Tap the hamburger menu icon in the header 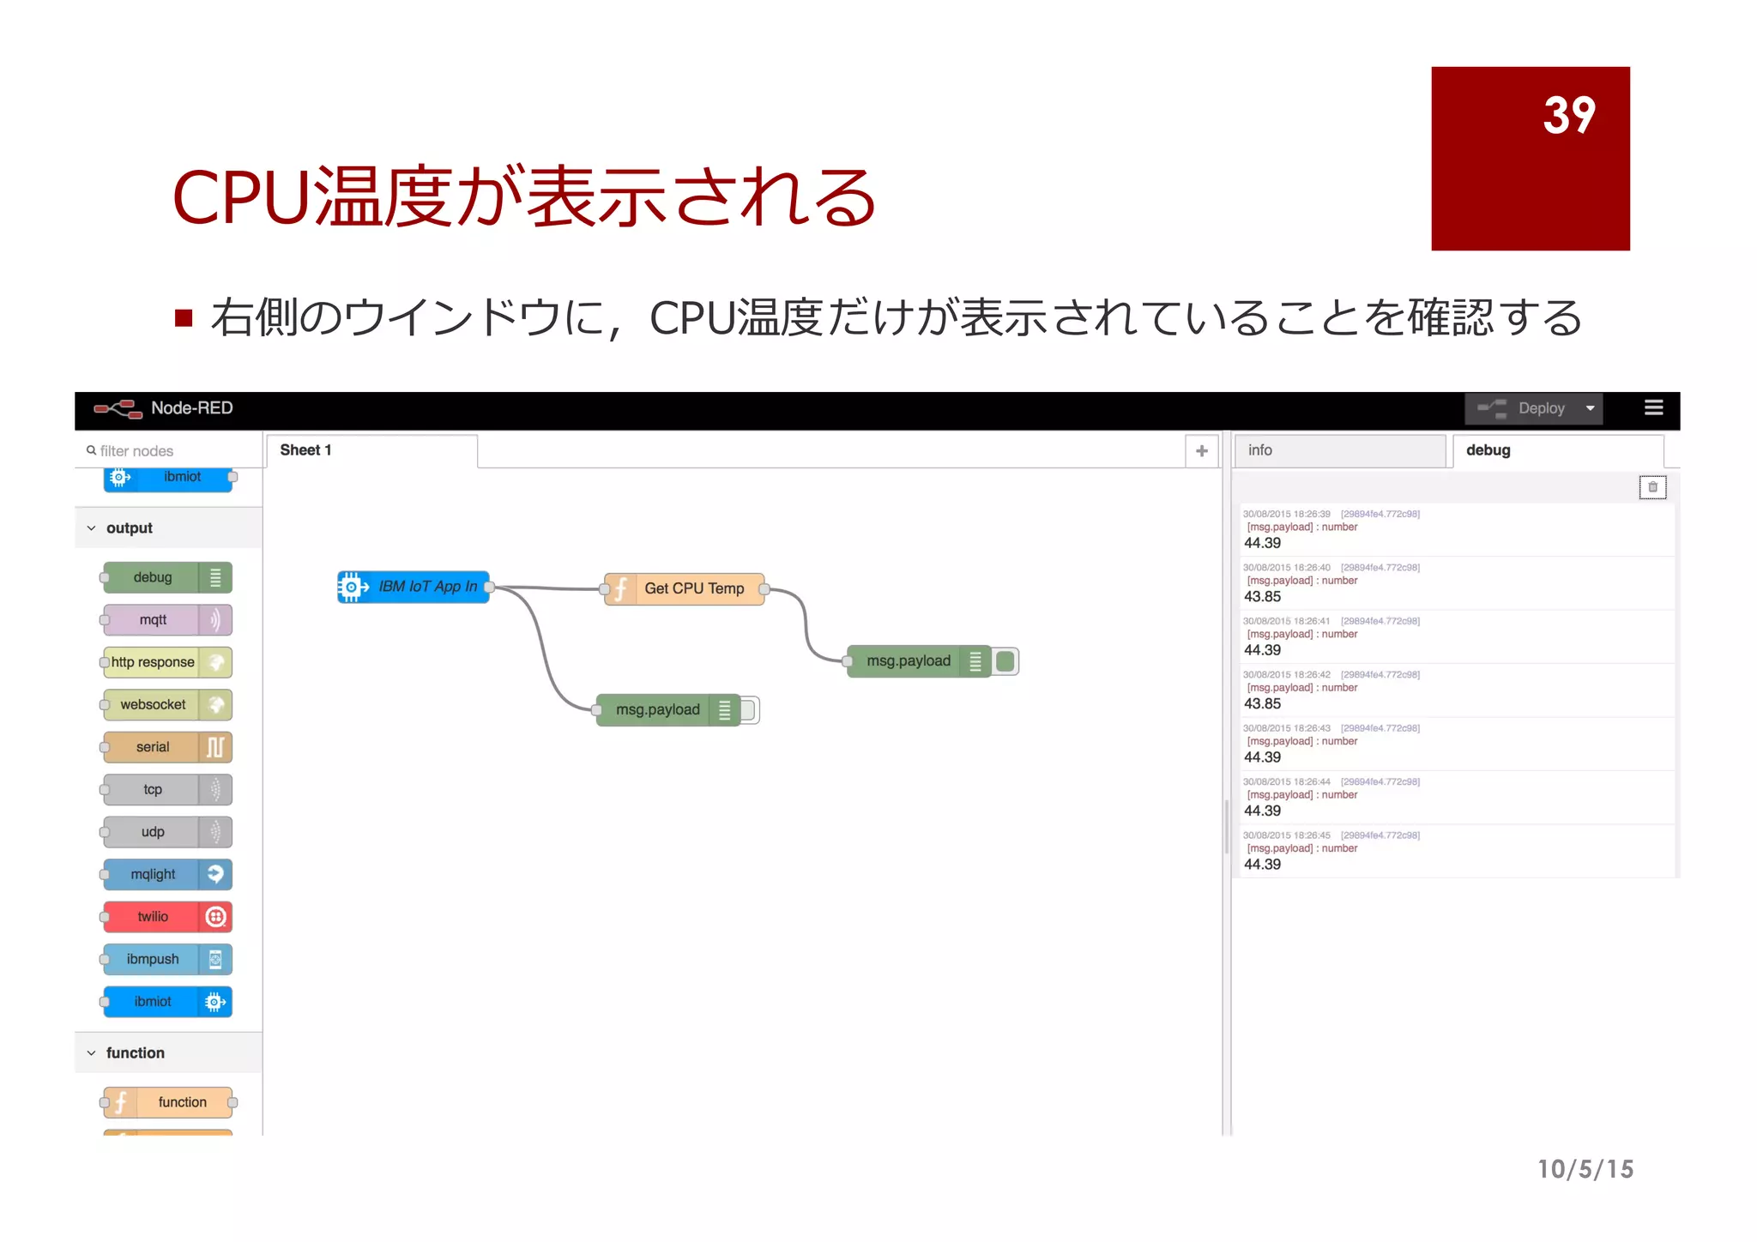click(x=1653, y=407)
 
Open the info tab click(x=1338, y=450)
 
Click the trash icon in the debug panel click(x=1652, y=487)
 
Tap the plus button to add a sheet click(x=1201, y=451)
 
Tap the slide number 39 click(x=1568, y=115)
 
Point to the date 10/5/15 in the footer click(x=1585, y=1169)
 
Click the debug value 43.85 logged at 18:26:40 click(x=1263, y=597)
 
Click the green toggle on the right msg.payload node click(x=1005, y=661)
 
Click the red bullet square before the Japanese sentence click(x=183, y=318)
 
